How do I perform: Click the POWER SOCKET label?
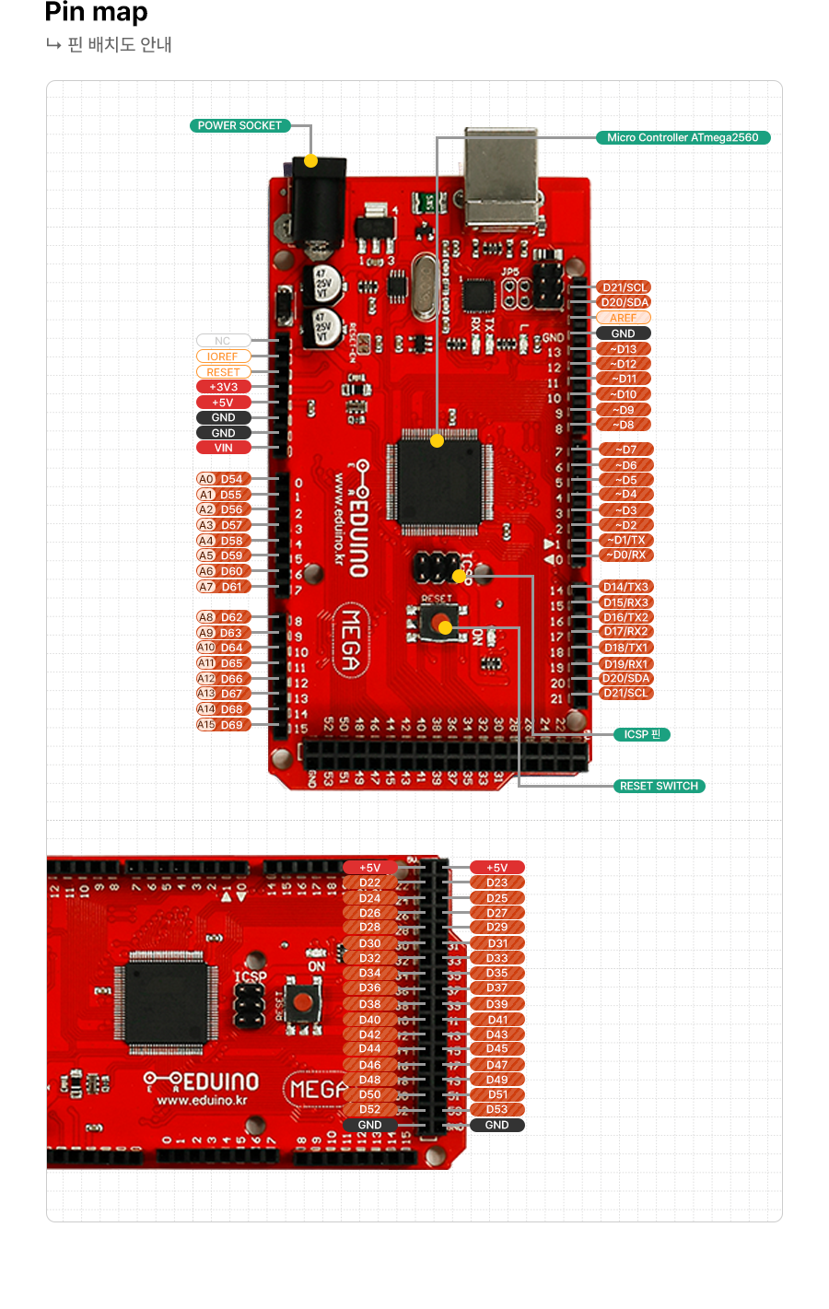(239, 126)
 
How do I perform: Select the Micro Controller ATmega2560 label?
(683, 138)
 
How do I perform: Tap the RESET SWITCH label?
(659, 787)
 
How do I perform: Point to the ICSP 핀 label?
(642, 735)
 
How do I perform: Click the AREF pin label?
(624, 318)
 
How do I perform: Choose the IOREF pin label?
(223, 356)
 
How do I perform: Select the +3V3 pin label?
(223, 388)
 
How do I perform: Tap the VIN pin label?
(223, 449)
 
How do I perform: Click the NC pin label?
(223, 341)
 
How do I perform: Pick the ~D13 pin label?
(624, 350)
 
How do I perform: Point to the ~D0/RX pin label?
(626, 555)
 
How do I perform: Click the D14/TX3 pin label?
(626, 587)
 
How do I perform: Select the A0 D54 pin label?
(223, 479)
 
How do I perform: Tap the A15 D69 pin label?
(223, 725)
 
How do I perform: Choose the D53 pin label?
(497, 1110)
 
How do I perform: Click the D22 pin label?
(370, 882)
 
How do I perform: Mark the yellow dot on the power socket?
(311, 161)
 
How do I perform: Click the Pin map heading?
(96, 13)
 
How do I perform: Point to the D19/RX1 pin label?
(626, 664)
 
